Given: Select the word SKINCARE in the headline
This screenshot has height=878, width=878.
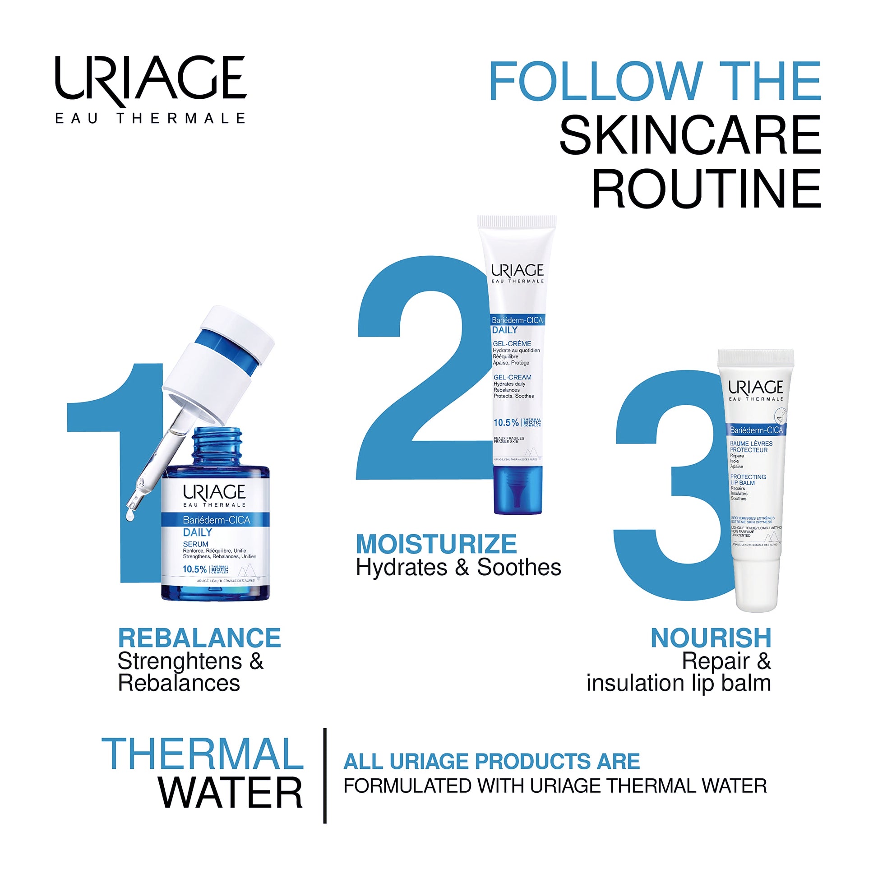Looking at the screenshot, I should coord(690,135).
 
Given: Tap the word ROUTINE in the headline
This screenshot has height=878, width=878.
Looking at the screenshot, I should coord(706,189).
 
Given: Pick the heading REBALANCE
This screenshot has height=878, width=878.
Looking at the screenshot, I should coord(199,638).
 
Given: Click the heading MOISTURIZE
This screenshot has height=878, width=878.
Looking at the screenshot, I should coord(436,544).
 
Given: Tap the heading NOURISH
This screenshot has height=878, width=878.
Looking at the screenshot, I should coord(711,638).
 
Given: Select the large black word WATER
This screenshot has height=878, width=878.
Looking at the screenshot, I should coord(230,793).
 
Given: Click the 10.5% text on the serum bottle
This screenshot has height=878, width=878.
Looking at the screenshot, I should coord(194,569).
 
